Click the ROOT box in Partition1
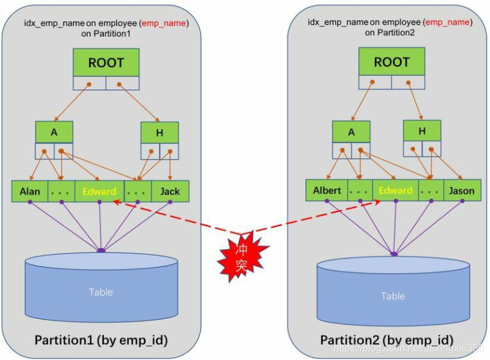coord(106,63)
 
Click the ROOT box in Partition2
coord(392,62)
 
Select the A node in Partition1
coord(54,132)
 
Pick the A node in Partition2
coord(351,131)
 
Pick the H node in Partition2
coord(422,130)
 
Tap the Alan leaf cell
coord(30,191)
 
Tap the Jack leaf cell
coord(169,191)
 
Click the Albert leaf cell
coord(327,190)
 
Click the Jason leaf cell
coord(461,190)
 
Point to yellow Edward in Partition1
coord(99,191)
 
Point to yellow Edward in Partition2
coord(395,190)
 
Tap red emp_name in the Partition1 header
coord(165,23)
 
